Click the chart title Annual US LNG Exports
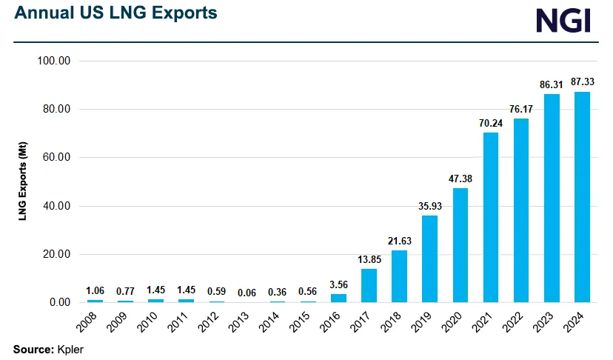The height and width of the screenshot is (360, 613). click(x=115, y=13)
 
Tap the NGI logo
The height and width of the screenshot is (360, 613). click(x=563, y=20)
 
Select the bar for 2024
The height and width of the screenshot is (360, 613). click(x=582, y=197)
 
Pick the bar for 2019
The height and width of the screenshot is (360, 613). click(x=430, y=259)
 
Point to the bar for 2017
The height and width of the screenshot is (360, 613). click(x=369, y=286)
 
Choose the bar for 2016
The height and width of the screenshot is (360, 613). click(x=338, y=298)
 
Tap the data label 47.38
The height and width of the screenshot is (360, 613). click(x=460, y=179)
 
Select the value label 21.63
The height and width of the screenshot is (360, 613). click(x=399, y=241)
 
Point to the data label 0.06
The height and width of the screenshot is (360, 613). click(x=247, y=293)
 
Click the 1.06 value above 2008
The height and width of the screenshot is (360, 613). click(x=95, y=290)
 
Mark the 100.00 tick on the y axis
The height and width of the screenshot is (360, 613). click(x=53, y=61)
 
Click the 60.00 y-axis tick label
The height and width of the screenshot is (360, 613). click(x=53, y=158)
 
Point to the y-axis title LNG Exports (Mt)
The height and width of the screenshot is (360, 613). click(x=23, y=181)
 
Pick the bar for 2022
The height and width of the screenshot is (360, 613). click(x=521, y=210)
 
